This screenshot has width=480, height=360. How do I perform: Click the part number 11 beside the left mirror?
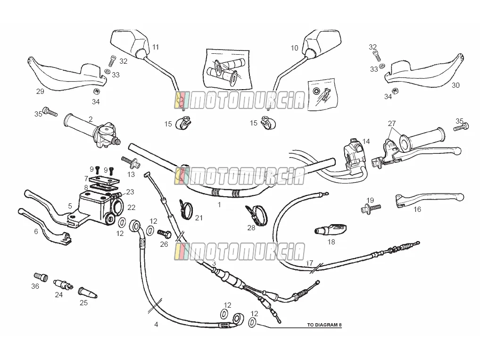(156, 47)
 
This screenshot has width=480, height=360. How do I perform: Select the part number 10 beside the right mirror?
(294, 48)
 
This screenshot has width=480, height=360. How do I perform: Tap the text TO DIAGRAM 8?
(324, 325)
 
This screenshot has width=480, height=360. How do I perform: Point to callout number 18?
(331, 242)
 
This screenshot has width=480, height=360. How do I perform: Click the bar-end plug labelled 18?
(331, 229)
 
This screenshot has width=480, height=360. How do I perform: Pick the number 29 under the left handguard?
(40, 92)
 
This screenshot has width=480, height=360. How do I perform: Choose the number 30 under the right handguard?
(455, 85)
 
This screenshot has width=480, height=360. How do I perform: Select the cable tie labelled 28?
(257, 216)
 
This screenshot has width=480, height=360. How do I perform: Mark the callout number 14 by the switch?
(366, 141)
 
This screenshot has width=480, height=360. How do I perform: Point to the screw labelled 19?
(371, 209)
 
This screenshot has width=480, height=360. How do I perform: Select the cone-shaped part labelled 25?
(88, 292)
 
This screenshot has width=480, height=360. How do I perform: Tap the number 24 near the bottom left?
(59, 295)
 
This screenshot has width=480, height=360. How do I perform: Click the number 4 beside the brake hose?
(156, 325)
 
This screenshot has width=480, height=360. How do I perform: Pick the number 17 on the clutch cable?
(309, 263)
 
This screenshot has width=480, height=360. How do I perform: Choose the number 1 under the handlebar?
(219, 204)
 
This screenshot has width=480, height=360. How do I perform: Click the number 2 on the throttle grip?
(91, 119)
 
